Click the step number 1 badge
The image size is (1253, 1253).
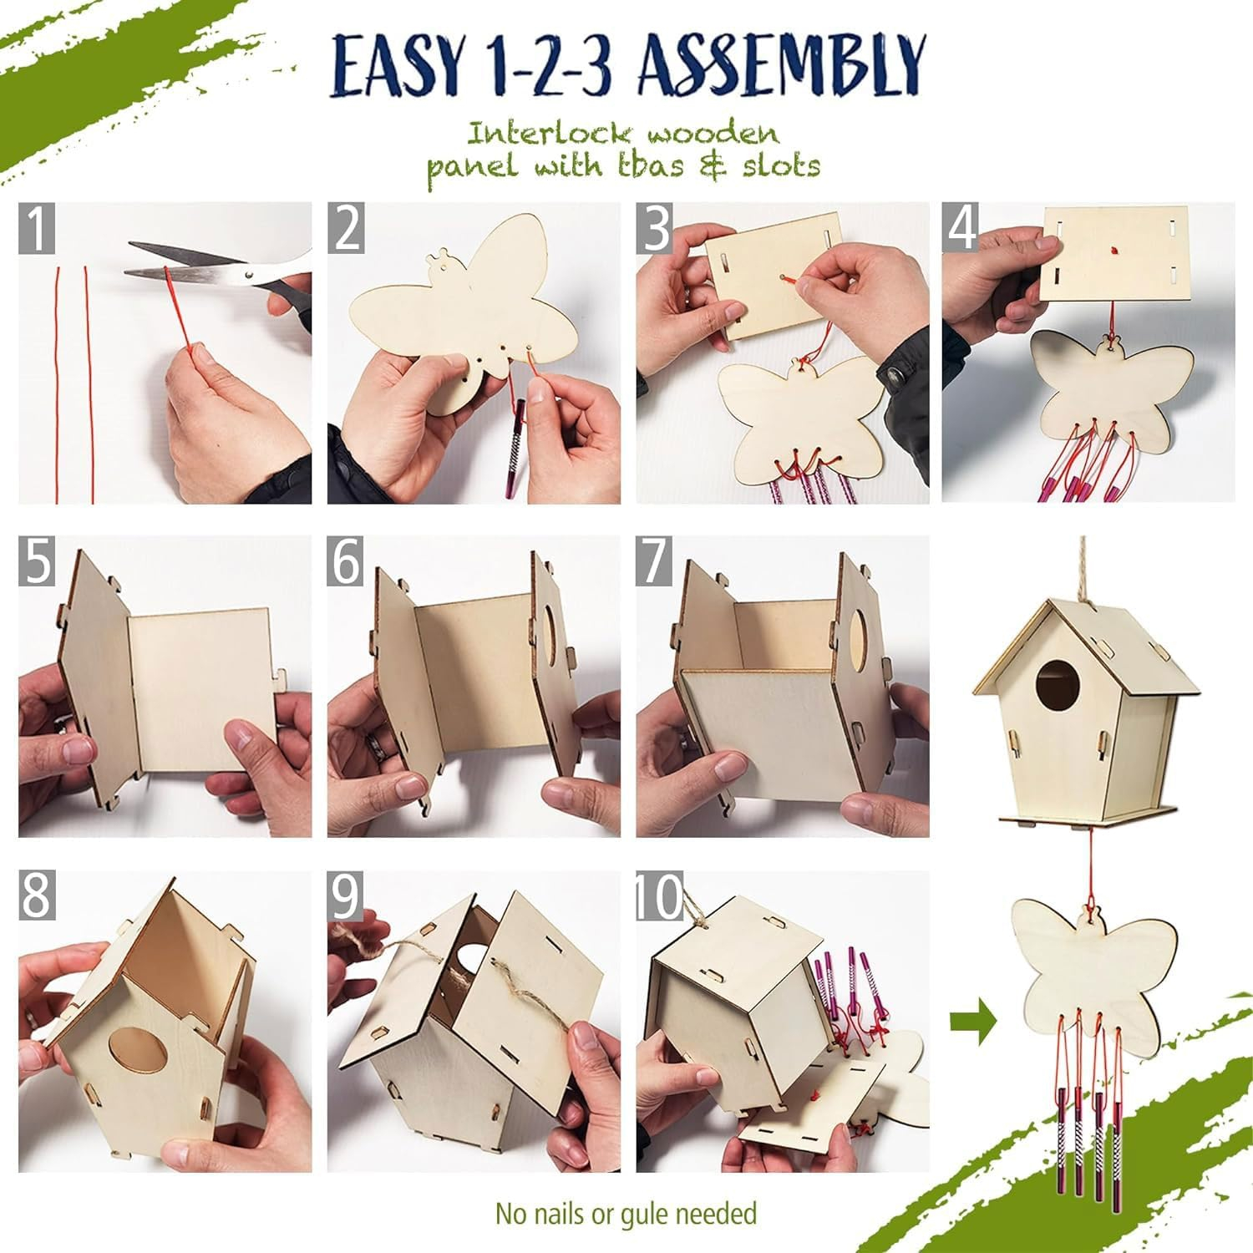pos(38,228)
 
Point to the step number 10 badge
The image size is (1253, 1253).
pos(660,896)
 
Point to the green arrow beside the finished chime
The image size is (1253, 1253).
pos(973,1022)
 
